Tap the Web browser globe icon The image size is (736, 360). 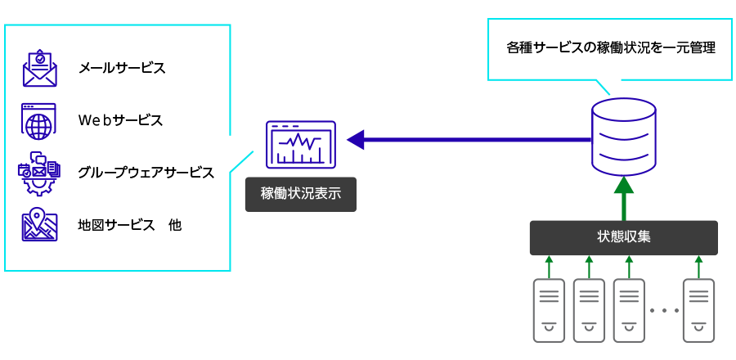(x=38, y=120)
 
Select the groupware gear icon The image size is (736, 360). (x=38, y=173)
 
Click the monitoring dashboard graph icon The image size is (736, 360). (x=300, y=144)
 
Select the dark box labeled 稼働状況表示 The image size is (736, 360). (x=300, y=196)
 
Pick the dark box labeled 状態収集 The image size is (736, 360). (x=623, y=237)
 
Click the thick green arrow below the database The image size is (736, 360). (x=623, y=199)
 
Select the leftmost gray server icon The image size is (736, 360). (x=549, y=309)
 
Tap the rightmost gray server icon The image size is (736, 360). (x=698, y=309)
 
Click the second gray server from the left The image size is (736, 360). (x=588, y=309)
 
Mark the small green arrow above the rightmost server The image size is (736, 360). (x=698, y=266)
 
